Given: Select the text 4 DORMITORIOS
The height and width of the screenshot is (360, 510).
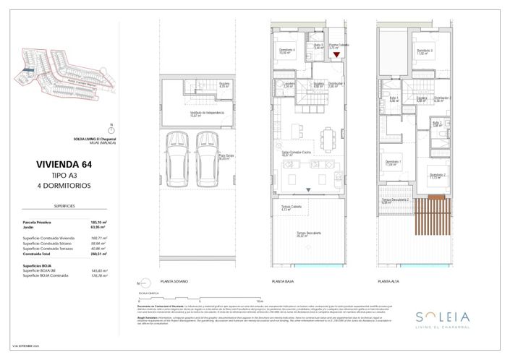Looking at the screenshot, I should point(60,186).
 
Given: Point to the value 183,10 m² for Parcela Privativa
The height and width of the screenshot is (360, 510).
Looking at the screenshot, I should point(98,221).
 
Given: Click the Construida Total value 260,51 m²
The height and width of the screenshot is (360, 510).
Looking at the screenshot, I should point(98,254).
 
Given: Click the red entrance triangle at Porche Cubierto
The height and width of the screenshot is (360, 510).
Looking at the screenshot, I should point(336,64).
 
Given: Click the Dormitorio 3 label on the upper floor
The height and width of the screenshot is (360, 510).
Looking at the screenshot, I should point(425,51).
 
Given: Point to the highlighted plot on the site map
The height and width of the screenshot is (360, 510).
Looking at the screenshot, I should point(27,71).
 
